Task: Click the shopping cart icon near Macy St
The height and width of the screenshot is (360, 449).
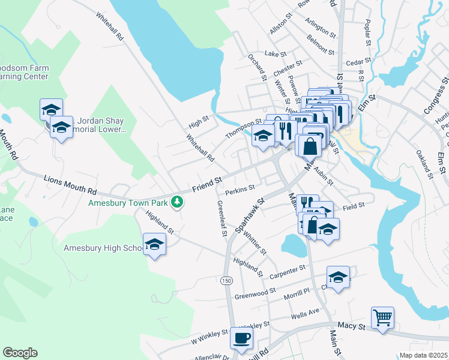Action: [382, 317]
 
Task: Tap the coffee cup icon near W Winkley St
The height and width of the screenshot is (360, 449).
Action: [241, 339]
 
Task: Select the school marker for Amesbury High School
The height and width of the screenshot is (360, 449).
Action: [154, 245]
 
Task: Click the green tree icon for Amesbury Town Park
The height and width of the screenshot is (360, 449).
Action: [176, 202]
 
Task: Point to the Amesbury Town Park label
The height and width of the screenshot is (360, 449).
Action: [127, 203]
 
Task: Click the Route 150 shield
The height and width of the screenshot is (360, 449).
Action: [226, 281]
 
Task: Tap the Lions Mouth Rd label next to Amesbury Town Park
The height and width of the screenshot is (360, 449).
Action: [70, 184]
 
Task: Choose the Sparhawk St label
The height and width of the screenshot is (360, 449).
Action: [250, 217]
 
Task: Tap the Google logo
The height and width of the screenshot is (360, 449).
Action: [20, 353]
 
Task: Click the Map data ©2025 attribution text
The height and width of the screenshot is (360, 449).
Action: [424, 355]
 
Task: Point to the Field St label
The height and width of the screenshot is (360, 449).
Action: [354, 206]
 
